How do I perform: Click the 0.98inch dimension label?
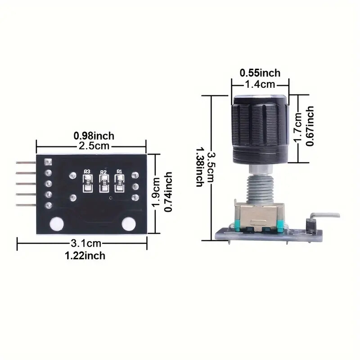94,135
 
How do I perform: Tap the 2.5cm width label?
94,146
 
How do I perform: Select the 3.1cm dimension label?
86,244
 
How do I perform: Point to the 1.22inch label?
86,256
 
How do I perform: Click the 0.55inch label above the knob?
260,72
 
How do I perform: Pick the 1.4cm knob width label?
260,84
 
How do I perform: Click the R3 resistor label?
87,171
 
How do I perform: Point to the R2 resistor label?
103,171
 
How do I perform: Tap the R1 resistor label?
119,171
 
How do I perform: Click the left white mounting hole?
56,223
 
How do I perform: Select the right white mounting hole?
129,223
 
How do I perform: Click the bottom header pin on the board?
27,205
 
